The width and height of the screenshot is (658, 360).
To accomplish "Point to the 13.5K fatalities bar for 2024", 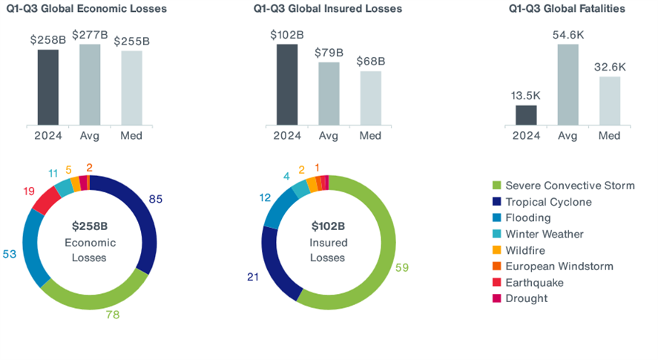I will click(526, 114).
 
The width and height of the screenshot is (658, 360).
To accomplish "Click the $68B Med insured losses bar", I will click(371, 97).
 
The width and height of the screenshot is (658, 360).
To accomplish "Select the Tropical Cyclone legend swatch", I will click(495, 202).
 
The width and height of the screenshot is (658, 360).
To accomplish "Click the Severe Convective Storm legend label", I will click(570, 186).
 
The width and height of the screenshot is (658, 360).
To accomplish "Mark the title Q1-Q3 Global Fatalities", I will click(567, 9).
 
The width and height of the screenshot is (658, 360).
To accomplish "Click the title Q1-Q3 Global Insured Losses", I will click(327, 9).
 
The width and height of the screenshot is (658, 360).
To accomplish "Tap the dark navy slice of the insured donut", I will click(274, 256).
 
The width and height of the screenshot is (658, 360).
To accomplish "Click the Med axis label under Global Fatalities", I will click(610, 136).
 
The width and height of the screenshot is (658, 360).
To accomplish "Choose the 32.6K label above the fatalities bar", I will click(610, 67).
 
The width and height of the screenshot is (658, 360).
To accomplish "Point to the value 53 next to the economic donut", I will click(9, 255).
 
